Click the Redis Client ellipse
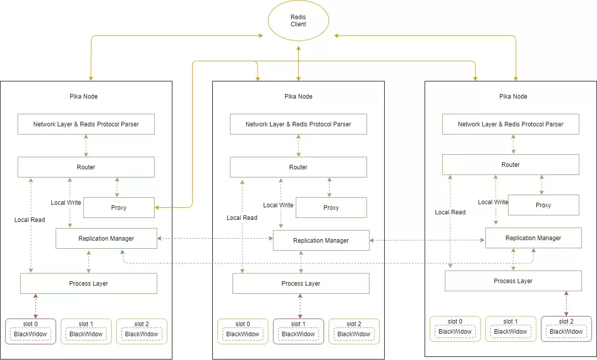coord(298,21)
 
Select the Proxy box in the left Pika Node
coord(119,208)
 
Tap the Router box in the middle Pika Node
coord(298,167)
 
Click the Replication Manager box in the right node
coord(533,238)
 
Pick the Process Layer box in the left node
coord(88,284)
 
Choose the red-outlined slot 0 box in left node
coord(30,331)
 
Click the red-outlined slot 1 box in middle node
coord(298,331)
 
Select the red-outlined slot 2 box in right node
coord(566,329)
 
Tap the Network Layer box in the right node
coord(511,124)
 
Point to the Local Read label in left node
coord(30,220)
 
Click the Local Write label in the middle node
coord(279,205)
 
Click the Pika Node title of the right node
coord(513,97)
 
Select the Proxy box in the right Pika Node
coord(543,205)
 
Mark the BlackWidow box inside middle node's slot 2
coord(354,334)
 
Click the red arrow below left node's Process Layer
coord(35,306)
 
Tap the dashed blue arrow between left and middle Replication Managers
coord(215,239)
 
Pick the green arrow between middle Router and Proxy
coord(330,187)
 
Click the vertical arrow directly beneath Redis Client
coord(298,63)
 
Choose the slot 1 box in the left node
coord(86,331)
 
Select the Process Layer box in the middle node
coord(301,284)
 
